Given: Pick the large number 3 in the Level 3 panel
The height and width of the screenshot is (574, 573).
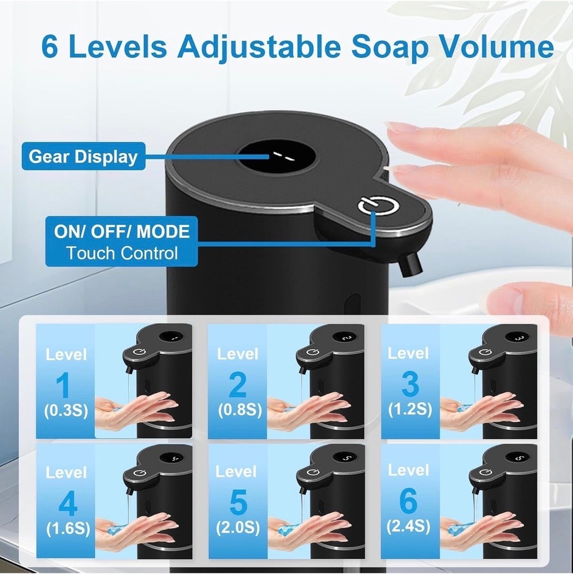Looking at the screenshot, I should (410, 385).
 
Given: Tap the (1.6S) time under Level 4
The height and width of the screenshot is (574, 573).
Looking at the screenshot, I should (67, 528).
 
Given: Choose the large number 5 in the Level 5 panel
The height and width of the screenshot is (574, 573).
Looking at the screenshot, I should (237, 503).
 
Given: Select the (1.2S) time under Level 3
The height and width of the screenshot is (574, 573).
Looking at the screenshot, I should (409, 409).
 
